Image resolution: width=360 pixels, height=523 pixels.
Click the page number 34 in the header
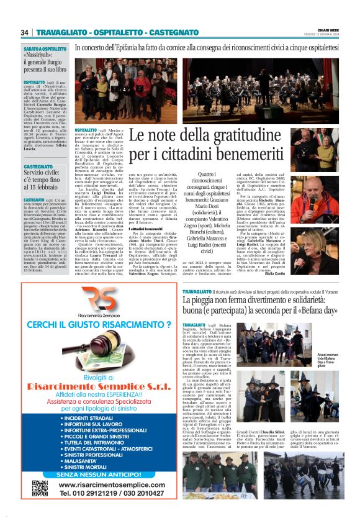(24, 32)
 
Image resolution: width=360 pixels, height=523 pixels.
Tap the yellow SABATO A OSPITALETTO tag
(45, 48)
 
